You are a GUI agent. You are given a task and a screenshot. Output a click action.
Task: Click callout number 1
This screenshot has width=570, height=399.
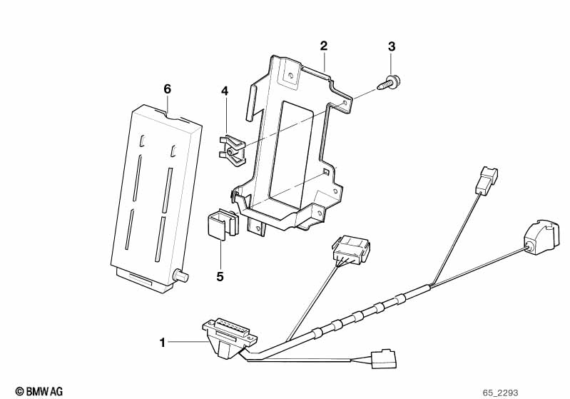(163, 343)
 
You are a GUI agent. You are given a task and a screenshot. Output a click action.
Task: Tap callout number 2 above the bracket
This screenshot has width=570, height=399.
(324, 46)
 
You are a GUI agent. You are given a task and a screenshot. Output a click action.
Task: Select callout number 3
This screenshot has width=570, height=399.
(391, 46)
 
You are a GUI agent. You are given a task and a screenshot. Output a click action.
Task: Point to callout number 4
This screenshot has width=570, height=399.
(225, 91)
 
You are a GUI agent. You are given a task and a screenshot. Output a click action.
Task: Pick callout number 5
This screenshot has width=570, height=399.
(220, 277)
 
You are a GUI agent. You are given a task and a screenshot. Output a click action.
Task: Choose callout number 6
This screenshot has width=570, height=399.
(167, 89)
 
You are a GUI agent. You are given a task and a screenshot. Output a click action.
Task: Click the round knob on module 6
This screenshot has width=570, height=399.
(180, 276)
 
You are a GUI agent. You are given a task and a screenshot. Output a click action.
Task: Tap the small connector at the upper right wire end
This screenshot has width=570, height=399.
(487, 180)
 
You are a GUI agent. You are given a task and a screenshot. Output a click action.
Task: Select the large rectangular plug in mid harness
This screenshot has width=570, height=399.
(350, 251)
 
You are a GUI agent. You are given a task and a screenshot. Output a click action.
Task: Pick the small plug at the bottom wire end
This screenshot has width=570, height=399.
(384, 359)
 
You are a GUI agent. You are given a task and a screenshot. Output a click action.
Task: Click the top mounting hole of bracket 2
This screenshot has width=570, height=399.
(290, 76)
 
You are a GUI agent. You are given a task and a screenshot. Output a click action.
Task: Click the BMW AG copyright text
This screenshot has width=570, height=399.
(39, 391)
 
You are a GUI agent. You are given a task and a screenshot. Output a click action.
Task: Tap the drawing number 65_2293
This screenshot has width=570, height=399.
(500, 393)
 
